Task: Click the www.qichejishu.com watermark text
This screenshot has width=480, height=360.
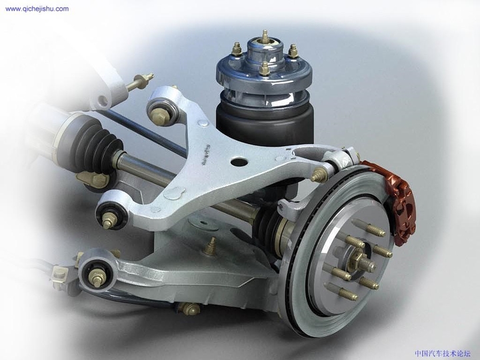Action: [36, 9]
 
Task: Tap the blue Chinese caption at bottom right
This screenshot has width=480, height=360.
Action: [442, 353]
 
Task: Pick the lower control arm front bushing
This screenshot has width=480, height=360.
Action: [95, 274]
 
